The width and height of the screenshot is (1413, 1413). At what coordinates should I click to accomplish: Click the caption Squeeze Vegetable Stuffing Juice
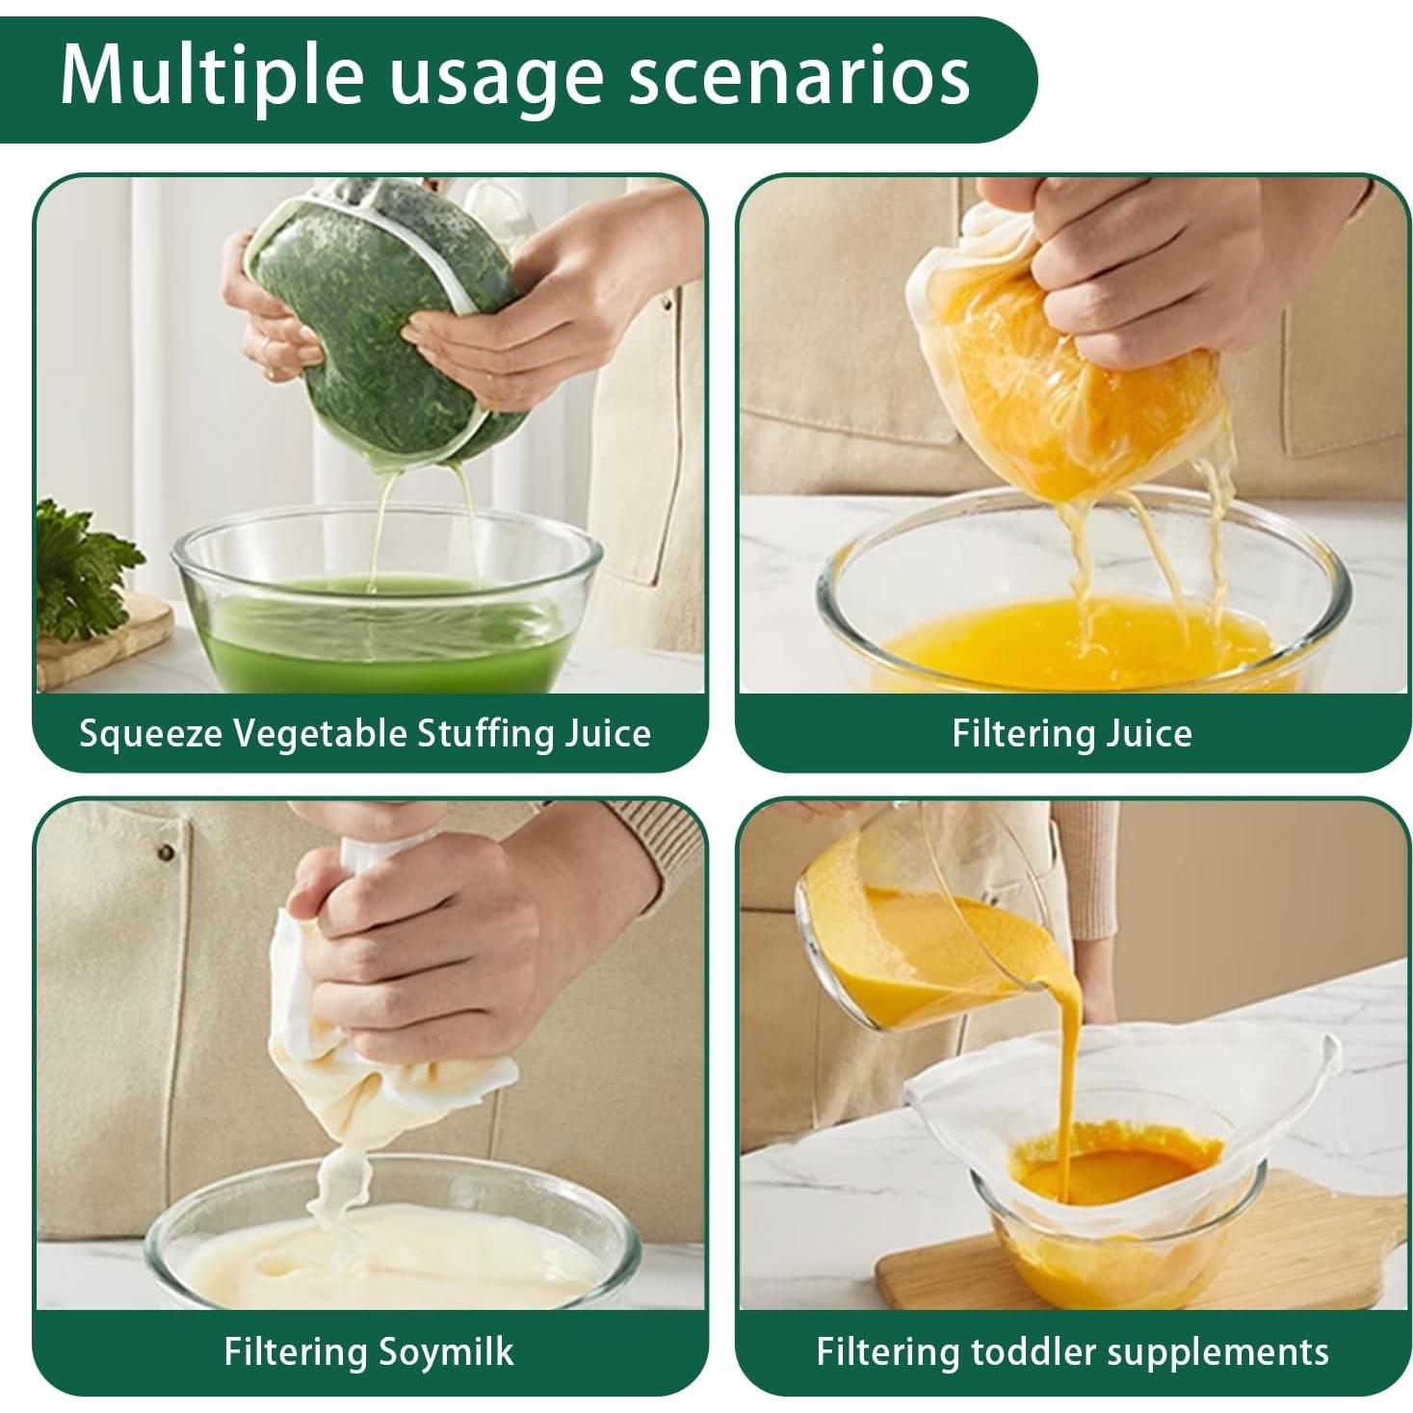365,734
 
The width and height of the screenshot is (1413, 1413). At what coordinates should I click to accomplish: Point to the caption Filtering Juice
1071,734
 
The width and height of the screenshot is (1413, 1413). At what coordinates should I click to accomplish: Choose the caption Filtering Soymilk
368,1350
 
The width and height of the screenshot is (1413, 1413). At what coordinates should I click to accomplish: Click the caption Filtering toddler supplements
1072,1350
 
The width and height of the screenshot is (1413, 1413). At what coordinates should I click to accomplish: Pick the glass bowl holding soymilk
385,1252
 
